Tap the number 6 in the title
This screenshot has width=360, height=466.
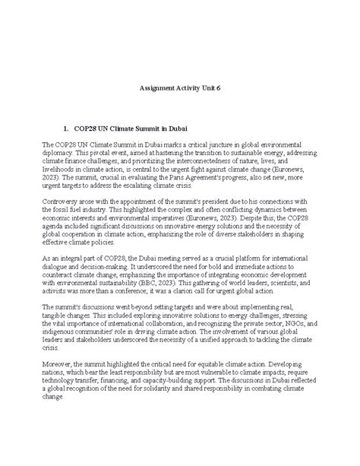click(219, 88)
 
